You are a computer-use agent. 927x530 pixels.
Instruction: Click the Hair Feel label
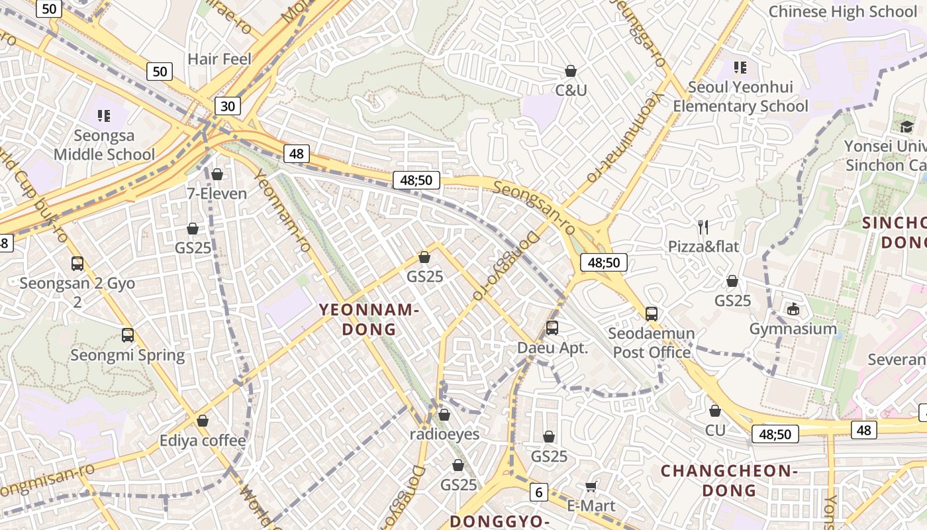(x=219, y=59)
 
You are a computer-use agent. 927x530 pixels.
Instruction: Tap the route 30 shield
(x=227, y=106)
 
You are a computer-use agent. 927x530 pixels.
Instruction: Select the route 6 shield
(x=539, y=492)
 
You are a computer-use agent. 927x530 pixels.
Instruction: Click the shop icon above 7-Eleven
(x=217, y=174)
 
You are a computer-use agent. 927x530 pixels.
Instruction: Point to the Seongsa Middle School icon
(x=103, y=117)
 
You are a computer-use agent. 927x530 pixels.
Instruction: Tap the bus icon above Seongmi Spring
(x=128, y=335)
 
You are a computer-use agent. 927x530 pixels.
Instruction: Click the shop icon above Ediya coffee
(x=203, y=421)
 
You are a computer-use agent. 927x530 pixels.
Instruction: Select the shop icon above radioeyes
(x=444, y=415)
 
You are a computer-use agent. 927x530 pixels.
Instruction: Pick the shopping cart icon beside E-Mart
(x=591, y=487)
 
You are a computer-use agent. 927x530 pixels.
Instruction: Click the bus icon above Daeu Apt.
(x=552, y=327)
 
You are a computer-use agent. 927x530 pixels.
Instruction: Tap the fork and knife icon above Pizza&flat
(x=703, y=227)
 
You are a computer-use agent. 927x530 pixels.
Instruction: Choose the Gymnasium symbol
(x=793, y=309)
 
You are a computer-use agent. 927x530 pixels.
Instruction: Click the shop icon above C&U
(x=571, y=71)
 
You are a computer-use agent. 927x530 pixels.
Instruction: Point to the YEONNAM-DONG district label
(x=369, y=319)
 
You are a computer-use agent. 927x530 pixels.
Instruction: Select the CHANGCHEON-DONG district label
(x=729, y=480)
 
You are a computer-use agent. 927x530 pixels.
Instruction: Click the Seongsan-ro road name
(x=534, y=208)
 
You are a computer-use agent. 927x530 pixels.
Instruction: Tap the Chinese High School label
(x=842, y=11)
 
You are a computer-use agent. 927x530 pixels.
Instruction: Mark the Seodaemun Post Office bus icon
(x=652, y=313)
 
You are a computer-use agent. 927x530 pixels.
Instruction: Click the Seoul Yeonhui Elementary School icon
(x=740, y=67)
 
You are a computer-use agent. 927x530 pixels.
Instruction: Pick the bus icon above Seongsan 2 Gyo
(x=77, y=264)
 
